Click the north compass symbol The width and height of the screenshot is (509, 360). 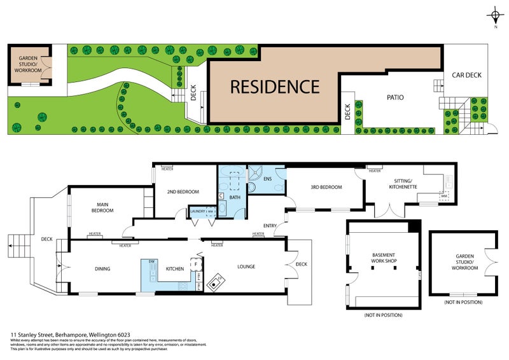(494, 16)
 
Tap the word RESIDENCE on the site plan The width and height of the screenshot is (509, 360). (274, 86)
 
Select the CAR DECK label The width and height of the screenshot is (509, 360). (466, 75)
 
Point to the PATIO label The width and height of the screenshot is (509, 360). (396, 97)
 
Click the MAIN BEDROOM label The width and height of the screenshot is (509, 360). (102, 207)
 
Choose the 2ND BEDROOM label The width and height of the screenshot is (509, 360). (183, 191)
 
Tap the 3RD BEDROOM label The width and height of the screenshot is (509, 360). (326, 187)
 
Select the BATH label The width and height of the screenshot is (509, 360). (235, 197)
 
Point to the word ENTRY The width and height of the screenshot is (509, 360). (270, 226)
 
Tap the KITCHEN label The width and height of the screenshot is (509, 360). (175, 268)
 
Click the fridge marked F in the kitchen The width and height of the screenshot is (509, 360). (197, 263)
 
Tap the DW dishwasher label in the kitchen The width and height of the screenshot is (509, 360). (151, 261)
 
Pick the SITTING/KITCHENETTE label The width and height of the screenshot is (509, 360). (403, 184)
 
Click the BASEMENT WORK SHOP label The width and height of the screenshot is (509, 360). (383, 259)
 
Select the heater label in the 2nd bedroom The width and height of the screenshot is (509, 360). (167, 169)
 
